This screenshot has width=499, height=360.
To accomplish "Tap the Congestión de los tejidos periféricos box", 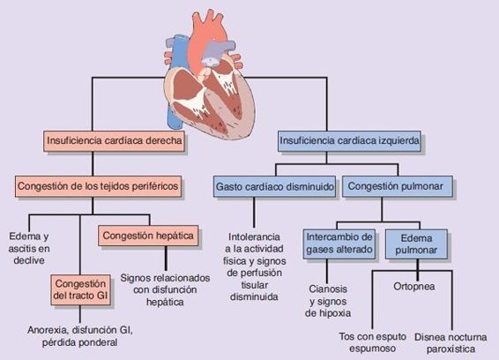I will pyautogui.click(x=97, y=186).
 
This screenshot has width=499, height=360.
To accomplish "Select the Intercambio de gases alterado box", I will pyautogui.click(x=340, y=244).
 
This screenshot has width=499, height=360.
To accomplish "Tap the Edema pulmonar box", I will pyautogui.click(x=418, y=244).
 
